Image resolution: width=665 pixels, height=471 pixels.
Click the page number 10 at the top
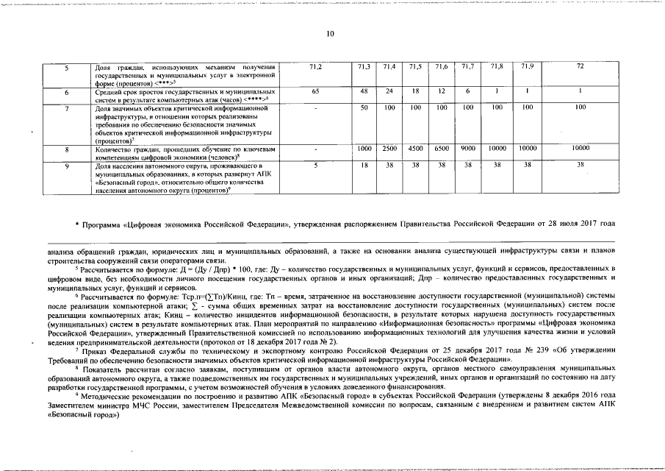pyautogui.click(x=330, y=33)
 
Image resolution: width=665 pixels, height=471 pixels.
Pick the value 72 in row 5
pyautogui.click(x=580, y=68)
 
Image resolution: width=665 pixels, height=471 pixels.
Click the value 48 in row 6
pyautogui.click(x=364, y=91)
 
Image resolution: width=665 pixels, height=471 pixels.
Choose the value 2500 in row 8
pyautogui.click(x=389, y=149)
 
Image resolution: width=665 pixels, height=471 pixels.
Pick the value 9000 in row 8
pyautogui.click(x=467, y=149)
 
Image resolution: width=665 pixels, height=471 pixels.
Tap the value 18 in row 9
pyautogui.click(x=364, y=166)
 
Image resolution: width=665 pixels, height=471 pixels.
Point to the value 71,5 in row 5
pyautogui.click(x=415, y=68)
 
